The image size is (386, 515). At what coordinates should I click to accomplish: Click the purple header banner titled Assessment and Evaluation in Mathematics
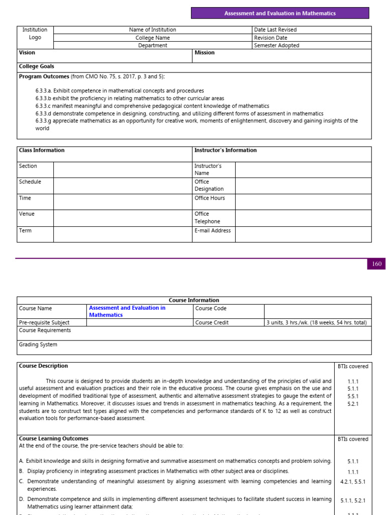pos(280,13)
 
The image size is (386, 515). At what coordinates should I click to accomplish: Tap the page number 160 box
pos(376,264)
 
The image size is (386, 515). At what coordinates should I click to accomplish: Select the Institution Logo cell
pos(35,34)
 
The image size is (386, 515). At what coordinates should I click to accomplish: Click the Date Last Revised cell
pos(275,30)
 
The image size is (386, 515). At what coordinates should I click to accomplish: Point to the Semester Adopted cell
pos(276,45)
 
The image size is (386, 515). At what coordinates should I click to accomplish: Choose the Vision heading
pos(27,52)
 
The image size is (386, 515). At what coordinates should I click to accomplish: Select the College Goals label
pos(36,66)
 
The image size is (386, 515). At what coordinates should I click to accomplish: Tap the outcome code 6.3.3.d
pos(44,114)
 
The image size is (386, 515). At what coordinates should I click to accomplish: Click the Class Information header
pos(42,150)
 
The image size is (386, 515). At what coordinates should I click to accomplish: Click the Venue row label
pos(27,214)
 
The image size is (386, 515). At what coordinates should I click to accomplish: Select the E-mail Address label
pos(213,231)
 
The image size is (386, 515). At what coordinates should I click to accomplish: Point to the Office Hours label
pos(210,198)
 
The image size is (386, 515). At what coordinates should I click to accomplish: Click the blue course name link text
pos(127,311)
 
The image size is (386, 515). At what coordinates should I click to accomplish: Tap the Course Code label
pos(211,308)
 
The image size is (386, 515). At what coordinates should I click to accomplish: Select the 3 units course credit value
pos(316,322)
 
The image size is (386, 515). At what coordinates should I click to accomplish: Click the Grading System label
pos(38,345)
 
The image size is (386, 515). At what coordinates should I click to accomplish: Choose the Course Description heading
pos(43,366)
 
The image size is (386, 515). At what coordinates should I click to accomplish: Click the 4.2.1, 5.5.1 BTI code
pos(353,481)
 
